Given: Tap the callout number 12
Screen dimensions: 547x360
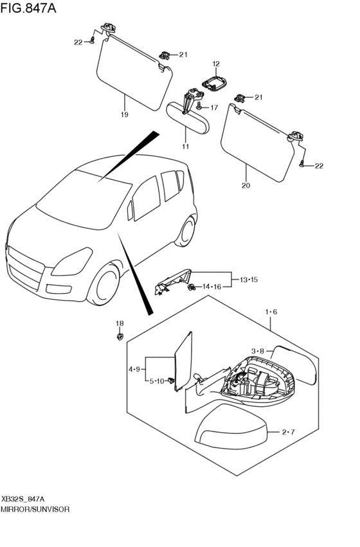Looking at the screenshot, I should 216,64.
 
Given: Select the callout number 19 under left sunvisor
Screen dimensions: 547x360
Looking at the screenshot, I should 124,114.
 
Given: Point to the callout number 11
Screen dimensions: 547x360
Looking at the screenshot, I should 185,147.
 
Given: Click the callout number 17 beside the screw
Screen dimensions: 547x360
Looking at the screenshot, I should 214,107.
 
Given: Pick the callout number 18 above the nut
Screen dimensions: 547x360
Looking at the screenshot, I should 119,323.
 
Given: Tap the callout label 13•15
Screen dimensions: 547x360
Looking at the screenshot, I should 249,280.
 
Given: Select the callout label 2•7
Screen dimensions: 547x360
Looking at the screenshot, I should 288,432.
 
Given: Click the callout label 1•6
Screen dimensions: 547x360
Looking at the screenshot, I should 271,312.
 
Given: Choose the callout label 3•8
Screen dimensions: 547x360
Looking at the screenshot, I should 258,351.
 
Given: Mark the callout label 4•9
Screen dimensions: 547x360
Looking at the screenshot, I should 134,369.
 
